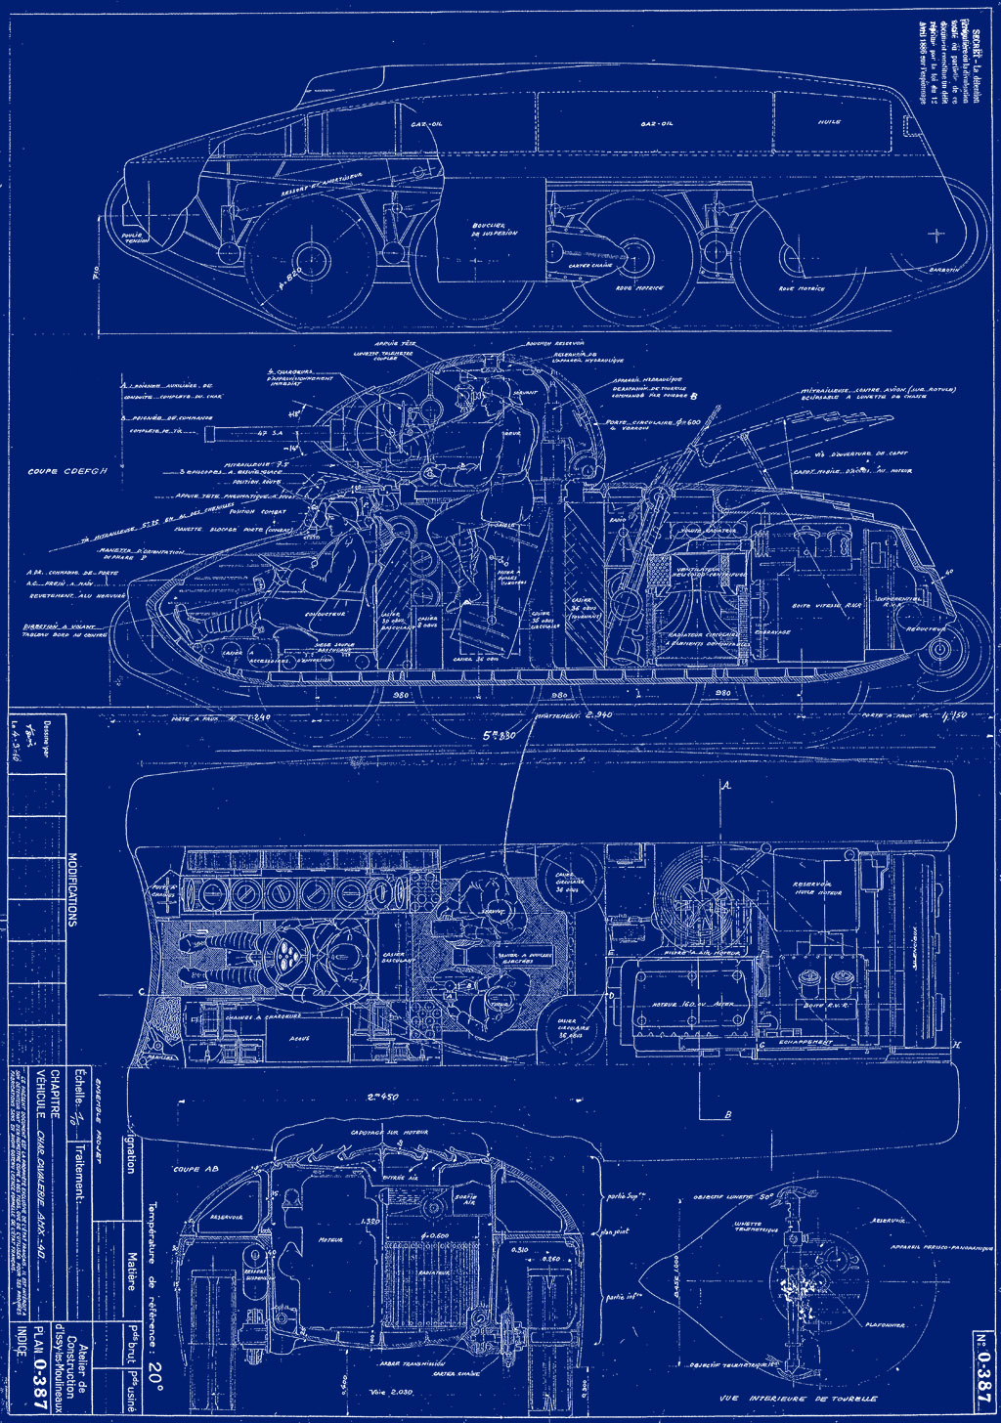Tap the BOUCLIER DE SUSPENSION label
click(x=493, y=229)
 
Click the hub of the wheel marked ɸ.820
click(x=314, y=260)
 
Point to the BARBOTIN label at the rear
click(x=941, y=268)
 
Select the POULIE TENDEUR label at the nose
click(x=132, y=237)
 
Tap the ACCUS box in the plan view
click(x=299, y=1039)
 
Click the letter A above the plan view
click(x=725, y=785)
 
